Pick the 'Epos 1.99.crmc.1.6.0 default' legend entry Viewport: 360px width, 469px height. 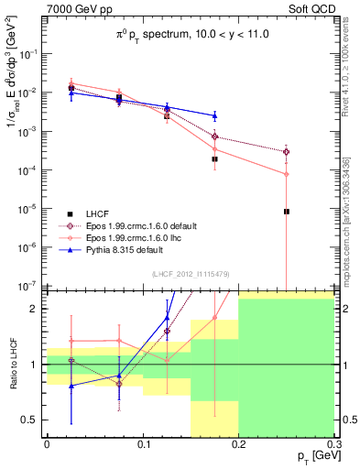point(137,224)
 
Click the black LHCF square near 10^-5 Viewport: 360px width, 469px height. point(287,212)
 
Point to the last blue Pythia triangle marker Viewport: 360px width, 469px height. point(214,116)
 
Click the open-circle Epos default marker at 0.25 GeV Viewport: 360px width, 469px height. point(287,151)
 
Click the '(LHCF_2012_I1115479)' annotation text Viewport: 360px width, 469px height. point(191,274)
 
